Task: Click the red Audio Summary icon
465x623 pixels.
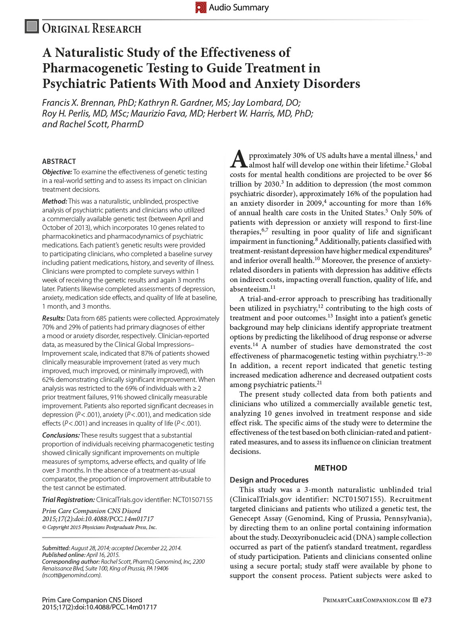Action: pos(201,8)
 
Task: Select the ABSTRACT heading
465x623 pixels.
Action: pos(59,162)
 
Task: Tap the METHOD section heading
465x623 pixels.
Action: pos(331,468)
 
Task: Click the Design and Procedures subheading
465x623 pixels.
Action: pos(269,480)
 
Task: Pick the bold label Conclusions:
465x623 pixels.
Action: pos(61,435)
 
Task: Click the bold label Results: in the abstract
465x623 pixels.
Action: pos(53,318)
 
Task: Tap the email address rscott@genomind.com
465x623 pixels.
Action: pos(72,575)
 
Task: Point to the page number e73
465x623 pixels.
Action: pos(426,600)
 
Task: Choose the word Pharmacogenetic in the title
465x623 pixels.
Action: pos(90,68)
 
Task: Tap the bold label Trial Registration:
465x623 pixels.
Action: pos(68,500)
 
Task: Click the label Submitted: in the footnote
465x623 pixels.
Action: pos(56,548)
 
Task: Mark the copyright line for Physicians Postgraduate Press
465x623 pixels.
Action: pos(99,528)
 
